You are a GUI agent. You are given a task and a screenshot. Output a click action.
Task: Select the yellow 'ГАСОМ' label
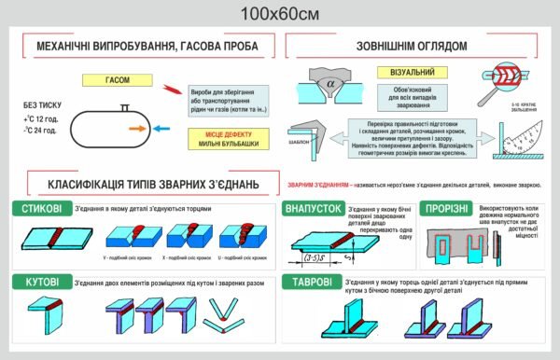tap(118, 81)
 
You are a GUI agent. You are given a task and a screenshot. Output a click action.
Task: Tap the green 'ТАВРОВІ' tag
tap(311, 282)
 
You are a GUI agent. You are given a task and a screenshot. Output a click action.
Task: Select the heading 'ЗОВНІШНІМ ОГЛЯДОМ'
tap(412, 45)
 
